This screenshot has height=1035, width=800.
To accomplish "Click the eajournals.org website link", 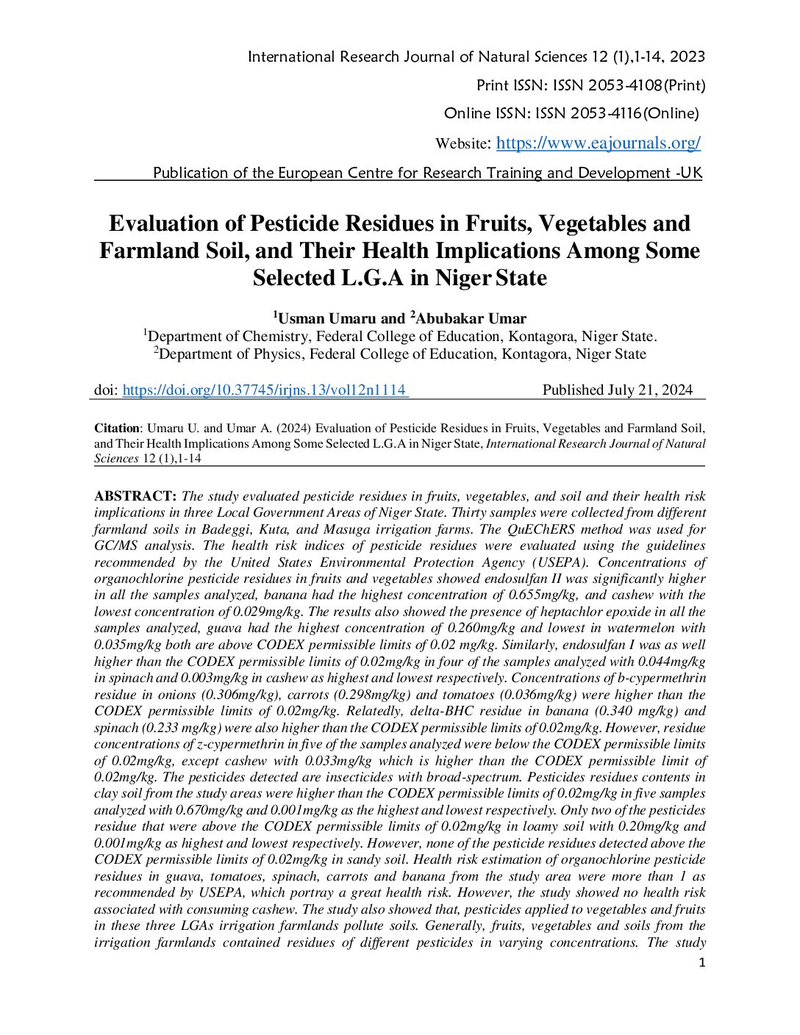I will pyautogui.click(x=598, y=143).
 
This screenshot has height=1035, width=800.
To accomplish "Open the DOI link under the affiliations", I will pyautogui.click(x=265, y=390).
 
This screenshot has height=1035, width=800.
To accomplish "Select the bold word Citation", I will pyautogui.click(x=117, y=428).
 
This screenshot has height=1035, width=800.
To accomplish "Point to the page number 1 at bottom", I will pyautogui.click(x=701, y=963).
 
